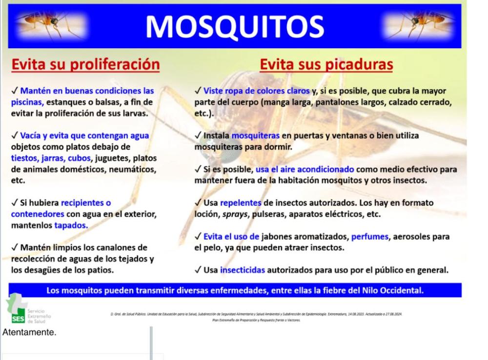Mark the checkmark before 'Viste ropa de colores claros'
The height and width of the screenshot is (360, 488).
pyautogui.click(x=197, y=90)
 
